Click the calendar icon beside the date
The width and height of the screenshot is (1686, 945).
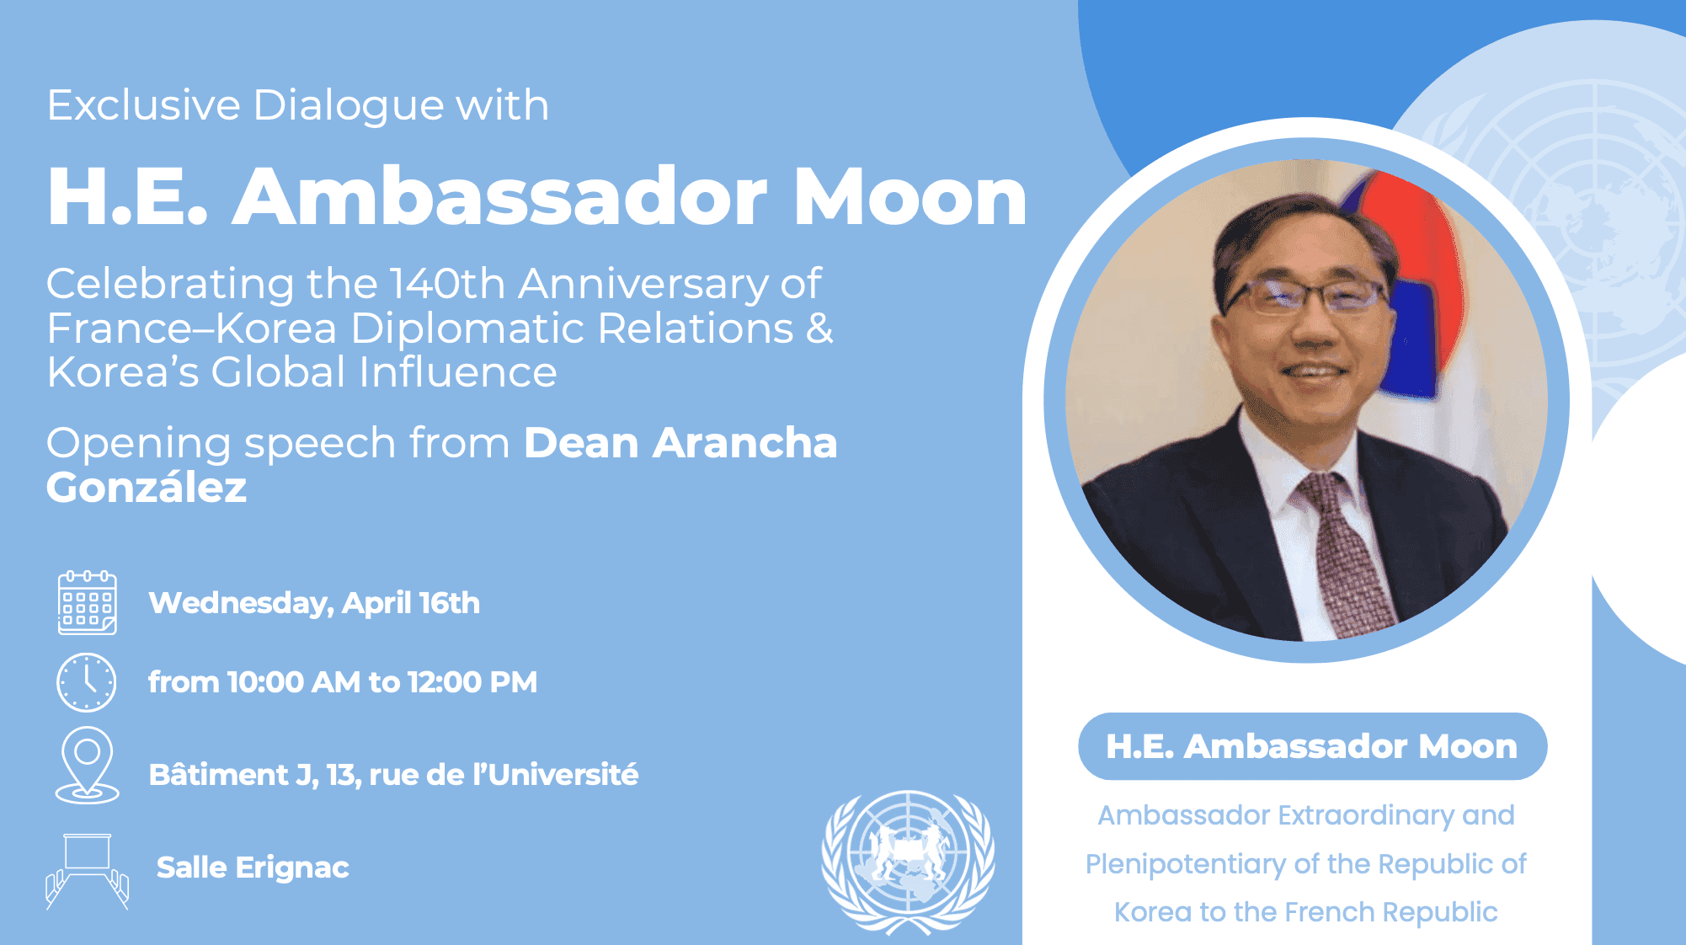pos(87,602)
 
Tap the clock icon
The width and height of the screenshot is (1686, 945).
pos(86,682)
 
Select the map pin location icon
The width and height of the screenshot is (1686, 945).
pos(87,765)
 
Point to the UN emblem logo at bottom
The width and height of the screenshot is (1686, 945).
pos(908,862)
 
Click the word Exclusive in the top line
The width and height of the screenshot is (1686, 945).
pos(144,105)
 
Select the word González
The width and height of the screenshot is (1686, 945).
pos(147,487)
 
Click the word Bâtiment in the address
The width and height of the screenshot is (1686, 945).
pos(219,774)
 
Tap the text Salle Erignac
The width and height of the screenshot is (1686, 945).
pos(253,868)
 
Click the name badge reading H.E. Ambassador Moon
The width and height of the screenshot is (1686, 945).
pos(1312,746)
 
